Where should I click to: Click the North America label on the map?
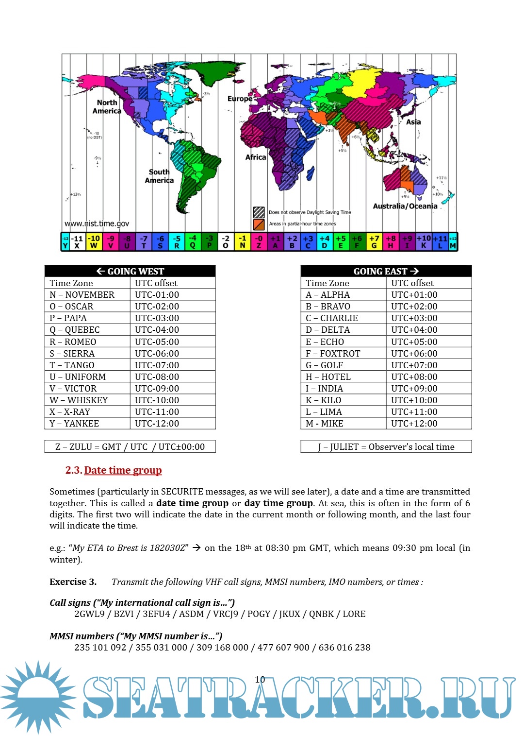pos(107,107)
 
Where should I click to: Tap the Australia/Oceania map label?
pos(405,206)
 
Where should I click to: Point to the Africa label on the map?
pos(256,157)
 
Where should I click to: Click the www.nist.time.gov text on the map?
pos(97,223)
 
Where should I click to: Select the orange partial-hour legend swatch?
pos(259,224)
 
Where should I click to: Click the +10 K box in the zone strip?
pos(424,241)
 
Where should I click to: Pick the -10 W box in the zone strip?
pos(94,241)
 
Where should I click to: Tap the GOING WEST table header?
pos(130,271)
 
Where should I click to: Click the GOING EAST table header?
pos(386,271)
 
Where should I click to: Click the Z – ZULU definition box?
pos(130,446)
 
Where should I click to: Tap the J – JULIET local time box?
pos(386,446)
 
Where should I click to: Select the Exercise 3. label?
pos(73,582)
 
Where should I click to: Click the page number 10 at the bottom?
pos(260,679)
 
